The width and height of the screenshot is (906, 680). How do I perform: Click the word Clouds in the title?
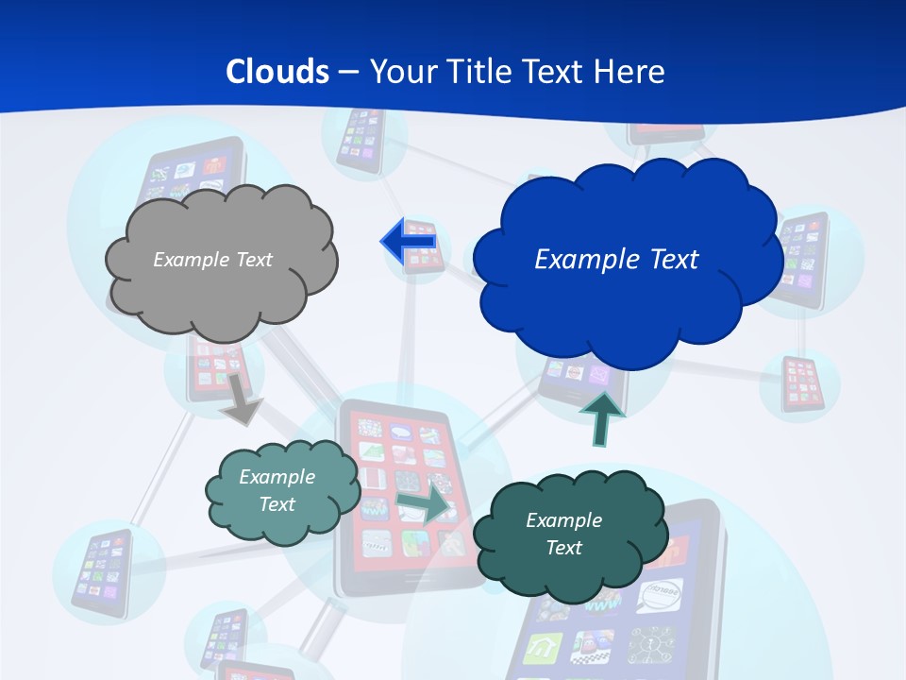(x=277, y=72)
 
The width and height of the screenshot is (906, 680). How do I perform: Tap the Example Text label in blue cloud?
(x=616, y=259)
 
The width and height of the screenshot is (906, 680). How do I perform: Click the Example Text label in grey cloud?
(x=212, y=259)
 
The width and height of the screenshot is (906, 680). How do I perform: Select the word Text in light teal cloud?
(x=277, y=504)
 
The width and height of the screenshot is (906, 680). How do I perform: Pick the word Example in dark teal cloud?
(x=563, y=520)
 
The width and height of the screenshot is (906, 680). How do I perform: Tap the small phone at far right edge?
(x=803, y=383)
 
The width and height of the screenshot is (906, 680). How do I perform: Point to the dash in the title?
(x=348, y=72)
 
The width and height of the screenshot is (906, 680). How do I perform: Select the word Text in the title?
(x=556, y=72)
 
